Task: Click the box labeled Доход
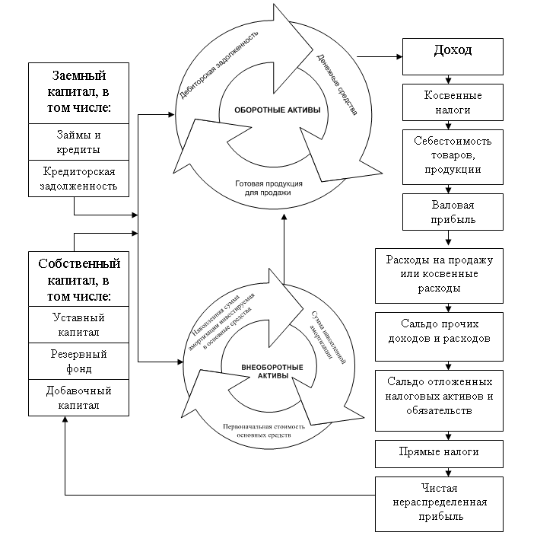453,56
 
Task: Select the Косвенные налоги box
453,102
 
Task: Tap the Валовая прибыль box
453,212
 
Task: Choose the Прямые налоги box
439,454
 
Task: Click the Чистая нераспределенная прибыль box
439,504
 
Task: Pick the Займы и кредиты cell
78,142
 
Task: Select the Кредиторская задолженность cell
78,179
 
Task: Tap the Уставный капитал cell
78,324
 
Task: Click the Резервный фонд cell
78,361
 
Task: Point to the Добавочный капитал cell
78,397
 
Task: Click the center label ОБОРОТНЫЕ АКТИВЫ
277,110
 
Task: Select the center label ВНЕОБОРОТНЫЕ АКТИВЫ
272,371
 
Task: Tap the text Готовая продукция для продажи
268,188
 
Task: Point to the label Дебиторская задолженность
218,65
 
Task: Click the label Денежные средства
337,84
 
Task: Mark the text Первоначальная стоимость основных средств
264,431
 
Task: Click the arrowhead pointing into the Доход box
399,56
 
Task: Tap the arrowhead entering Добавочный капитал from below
65,419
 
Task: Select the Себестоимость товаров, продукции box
453,157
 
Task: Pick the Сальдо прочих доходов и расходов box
439,336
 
